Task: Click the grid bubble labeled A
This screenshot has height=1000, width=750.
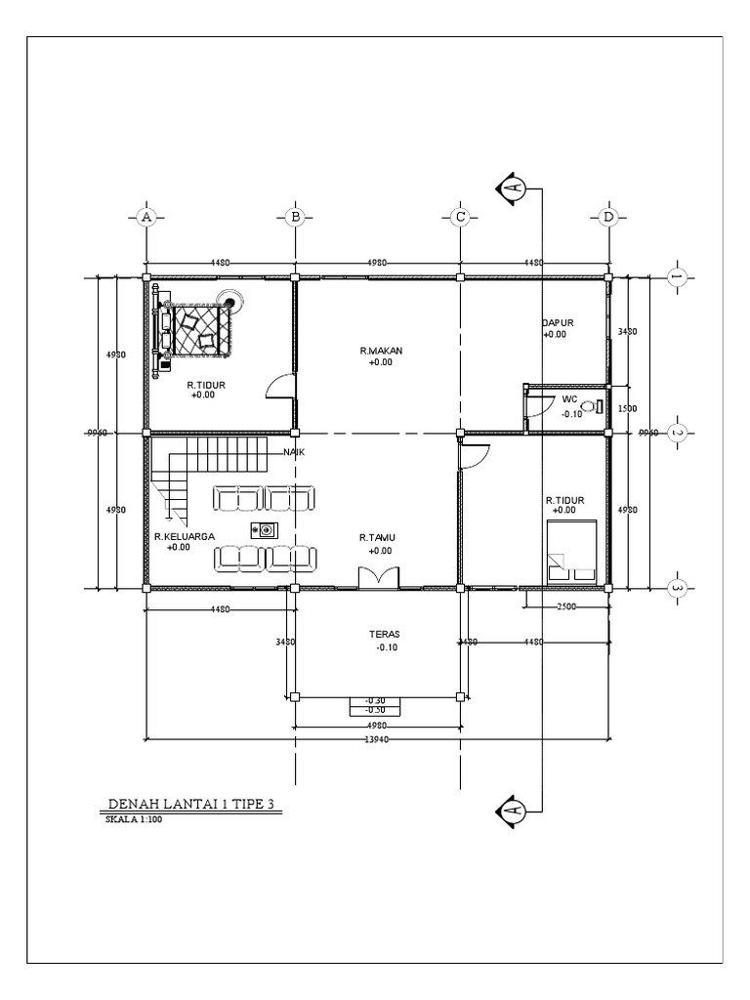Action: click(146, 216)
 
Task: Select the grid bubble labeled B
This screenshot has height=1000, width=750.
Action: click(295, 216)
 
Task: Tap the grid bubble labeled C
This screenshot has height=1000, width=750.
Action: click(459, 216)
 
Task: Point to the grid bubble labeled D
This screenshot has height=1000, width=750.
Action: click(607, 216)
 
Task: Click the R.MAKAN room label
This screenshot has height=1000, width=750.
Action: click(381, 350)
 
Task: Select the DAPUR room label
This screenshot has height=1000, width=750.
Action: click(557, 322)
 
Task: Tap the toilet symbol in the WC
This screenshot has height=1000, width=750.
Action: click(593, 405)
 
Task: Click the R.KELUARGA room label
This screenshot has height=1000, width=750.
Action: click(178, 536)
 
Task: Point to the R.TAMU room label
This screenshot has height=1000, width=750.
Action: click(375, 537)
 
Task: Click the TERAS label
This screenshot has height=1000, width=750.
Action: click(384, 634)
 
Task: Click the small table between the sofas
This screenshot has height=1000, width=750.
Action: click(265, 530)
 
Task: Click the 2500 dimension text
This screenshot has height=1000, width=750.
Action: click(565, 606)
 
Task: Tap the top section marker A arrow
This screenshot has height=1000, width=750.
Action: click(512, 187)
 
